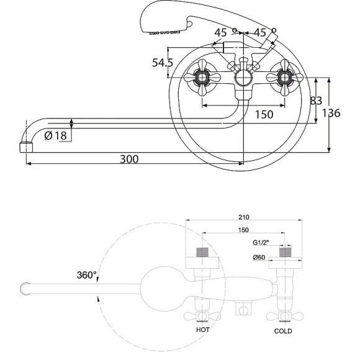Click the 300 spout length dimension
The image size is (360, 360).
129,159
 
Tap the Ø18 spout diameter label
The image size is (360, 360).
56,135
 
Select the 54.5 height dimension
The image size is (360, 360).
163,63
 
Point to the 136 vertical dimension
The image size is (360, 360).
331,113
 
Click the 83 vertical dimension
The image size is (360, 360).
316,101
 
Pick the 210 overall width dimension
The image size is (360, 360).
243,217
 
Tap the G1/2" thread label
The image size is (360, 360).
261,243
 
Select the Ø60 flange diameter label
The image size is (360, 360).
259,258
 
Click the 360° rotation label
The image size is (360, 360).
86,275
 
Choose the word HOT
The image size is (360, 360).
203,330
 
